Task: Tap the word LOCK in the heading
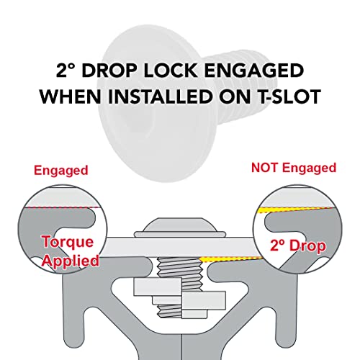[x=171, y=71]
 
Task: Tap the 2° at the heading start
[x=66, y=71]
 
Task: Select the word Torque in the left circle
[x=68, y=241]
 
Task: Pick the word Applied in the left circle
[x=71, y=261]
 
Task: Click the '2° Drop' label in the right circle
[x=298, y=246]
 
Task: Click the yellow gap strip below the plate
[x=230, y=259]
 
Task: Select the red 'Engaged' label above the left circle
[x=61, y=171]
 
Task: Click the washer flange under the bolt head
[x=180, y=234]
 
